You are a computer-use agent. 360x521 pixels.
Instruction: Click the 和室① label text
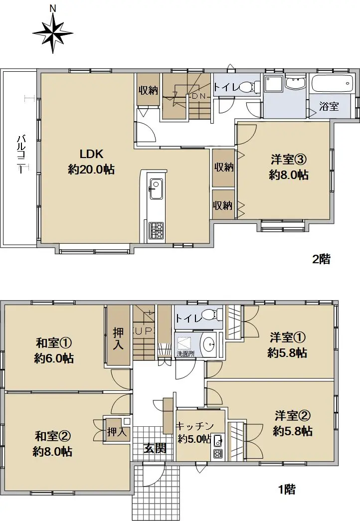click(x=54, y=343)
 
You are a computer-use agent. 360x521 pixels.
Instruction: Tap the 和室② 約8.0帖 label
click(x=53, y=443)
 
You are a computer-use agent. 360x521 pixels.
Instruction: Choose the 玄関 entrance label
click(x=155, y=448)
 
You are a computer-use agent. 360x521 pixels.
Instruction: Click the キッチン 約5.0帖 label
click(x=194, y=432)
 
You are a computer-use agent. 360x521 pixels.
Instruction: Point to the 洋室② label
click(x=293, y=416)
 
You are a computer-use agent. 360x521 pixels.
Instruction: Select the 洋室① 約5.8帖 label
click(x=288, y=345)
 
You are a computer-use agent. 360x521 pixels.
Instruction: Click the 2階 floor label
click(x=321, y=259)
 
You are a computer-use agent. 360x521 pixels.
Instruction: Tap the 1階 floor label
click(x=286, y=489)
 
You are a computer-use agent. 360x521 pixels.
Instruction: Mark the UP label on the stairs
click(x=144, y=331)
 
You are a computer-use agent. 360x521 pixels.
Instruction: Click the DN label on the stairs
click(x=199, y=96)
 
